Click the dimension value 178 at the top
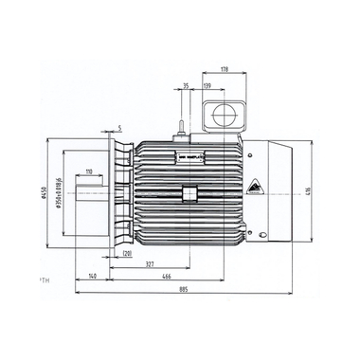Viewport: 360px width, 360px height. pos(224,68)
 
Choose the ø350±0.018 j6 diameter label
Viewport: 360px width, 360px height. pos(60,194)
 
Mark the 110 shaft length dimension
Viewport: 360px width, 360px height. pos(88,171)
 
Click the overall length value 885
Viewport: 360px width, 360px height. pos(195,290)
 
